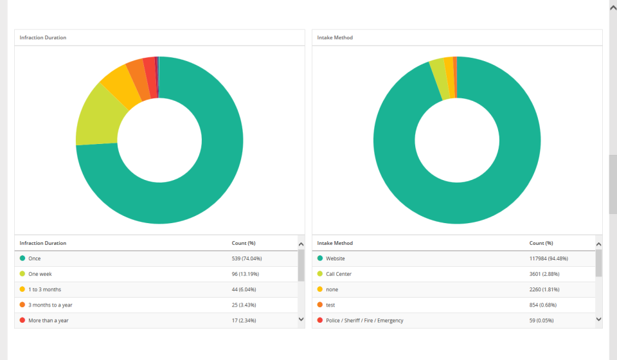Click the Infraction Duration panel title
tap(42, 38)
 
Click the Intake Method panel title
tap(335, 38)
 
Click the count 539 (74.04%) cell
tap(247, 258)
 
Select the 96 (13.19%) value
tap(246, 274)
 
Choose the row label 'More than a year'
tap(48, 320)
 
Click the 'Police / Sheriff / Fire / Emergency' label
tap(364, 320)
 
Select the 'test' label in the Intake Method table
tap(330, 305)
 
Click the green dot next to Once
tap(22, 258)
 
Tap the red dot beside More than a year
tap(22, 320)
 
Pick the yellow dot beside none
tap(320, 289)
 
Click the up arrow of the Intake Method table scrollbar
tap(598, 244)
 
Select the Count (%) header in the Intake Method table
tap(541, 243)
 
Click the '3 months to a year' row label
tap(50, 305)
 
